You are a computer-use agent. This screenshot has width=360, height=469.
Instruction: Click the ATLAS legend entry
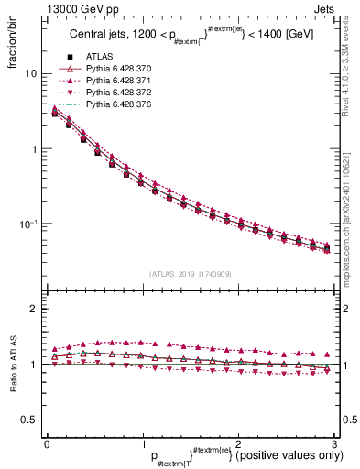98,58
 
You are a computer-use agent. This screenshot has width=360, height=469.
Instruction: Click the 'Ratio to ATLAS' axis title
12,365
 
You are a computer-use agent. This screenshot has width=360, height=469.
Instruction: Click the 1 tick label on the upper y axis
32,148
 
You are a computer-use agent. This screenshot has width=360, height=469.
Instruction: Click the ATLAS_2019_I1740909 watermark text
190,274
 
